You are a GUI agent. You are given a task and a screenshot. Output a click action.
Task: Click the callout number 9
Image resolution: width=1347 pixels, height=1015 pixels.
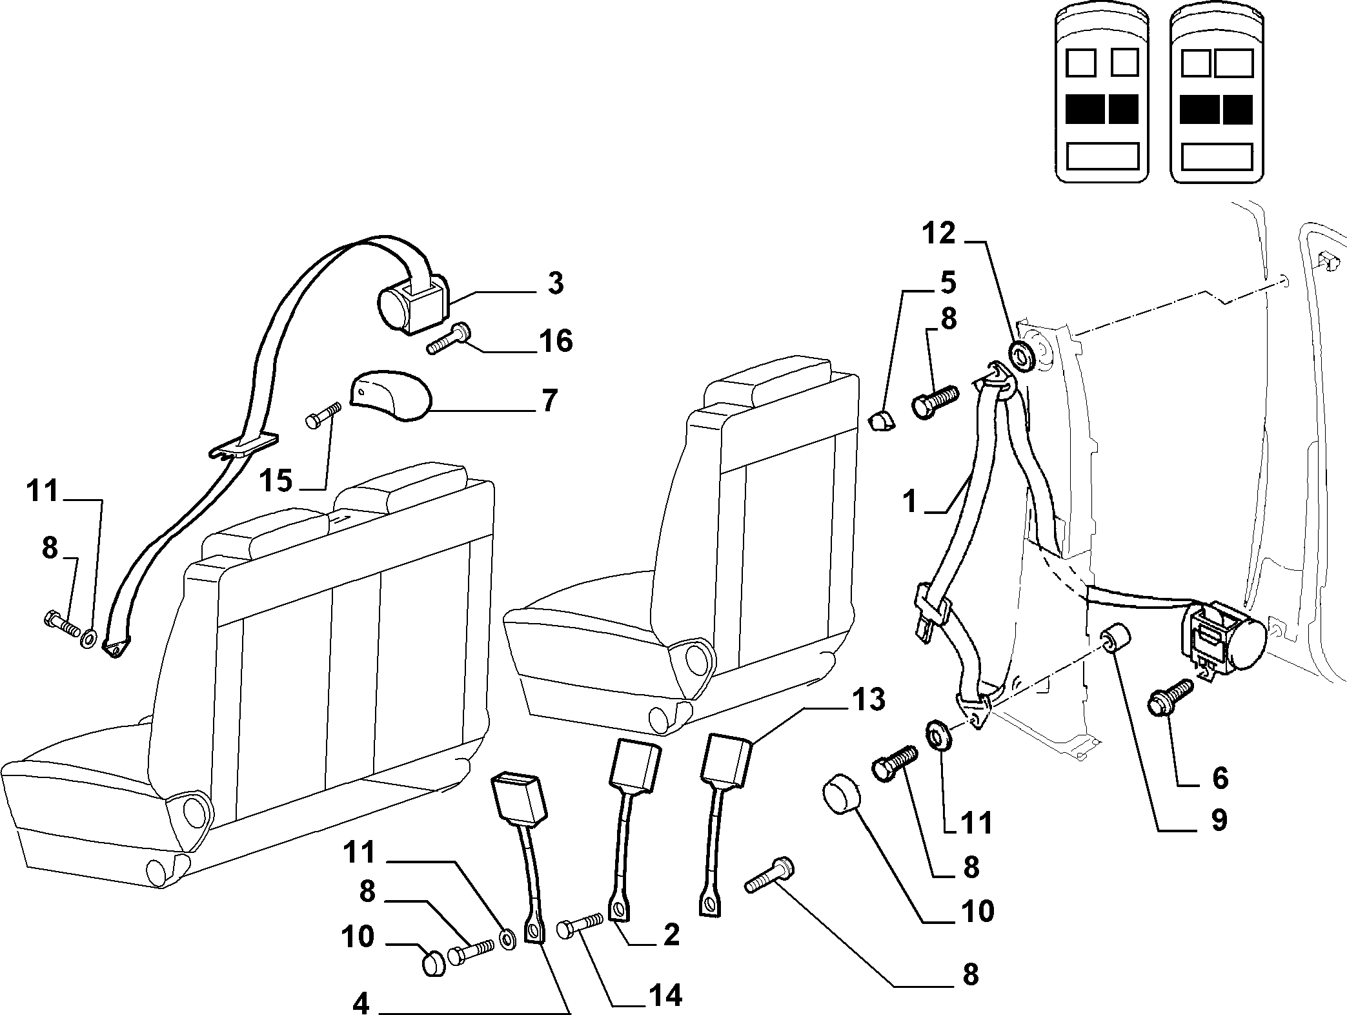point(1217,820)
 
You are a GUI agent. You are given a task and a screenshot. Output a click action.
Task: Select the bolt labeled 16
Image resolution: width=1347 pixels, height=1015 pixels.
point(450,340)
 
